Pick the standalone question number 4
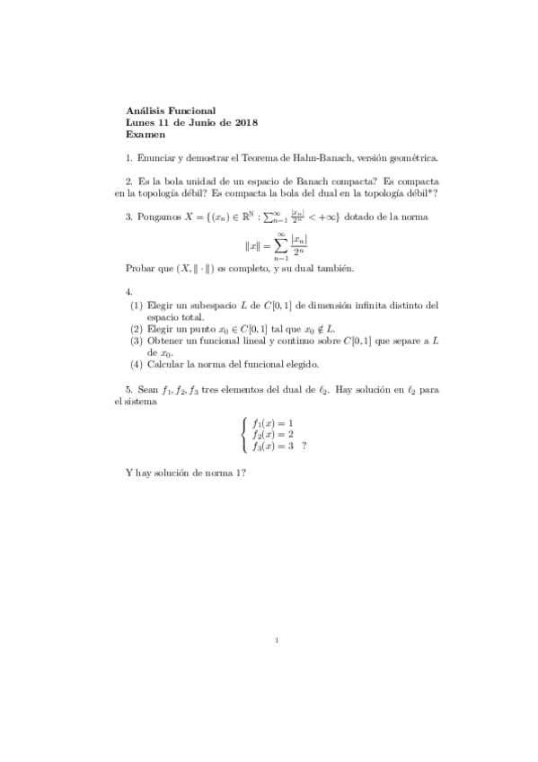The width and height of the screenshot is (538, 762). pos(129,292)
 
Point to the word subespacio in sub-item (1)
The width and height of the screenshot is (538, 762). pos(231,306)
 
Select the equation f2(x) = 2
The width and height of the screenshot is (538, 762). pos(273,434)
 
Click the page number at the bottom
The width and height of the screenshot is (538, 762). pos(278,641)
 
